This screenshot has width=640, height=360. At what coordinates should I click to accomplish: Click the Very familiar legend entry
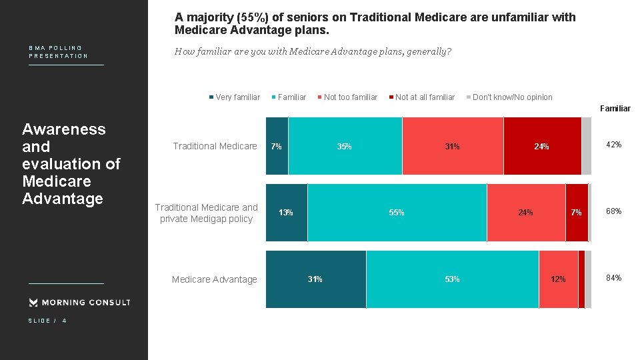tap(235, 97)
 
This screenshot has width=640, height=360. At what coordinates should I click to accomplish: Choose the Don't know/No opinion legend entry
tap(509, 97)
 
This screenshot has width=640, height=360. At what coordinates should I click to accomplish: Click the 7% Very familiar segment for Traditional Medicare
tap(277, 146)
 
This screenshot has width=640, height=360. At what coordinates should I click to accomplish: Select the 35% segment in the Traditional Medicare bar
tap(345, 146)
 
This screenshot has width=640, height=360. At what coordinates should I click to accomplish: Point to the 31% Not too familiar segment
tap(453, 146)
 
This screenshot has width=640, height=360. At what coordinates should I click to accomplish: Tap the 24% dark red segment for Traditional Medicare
tap(541, 146)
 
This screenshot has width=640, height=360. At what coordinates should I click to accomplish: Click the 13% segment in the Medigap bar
tap(286, 212)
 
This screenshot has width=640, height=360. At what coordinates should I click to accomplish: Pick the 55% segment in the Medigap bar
tap(397, 212)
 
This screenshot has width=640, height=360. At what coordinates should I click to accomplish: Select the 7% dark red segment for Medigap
tap(577, 212)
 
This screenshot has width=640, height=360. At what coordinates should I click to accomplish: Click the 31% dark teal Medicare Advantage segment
tap(315, 279)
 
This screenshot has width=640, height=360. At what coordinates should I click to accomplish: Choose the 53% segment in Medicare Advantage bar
tap(452, 279)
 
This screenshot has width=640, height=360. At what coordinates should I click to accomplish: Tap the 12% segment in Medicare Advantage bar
tap(558, 279)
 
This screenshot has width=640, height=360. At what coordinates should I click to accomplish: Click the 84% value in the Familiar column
tap(613, 278)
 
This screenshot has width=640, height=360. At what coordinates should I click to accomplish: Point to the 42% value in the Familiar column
tap(613, 145)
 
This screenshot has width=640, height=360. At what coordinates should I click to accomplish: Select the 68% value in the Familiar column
tap(613, 211)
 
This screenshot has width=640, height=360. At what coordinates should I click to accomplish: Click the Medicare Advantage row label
tap(214, 279)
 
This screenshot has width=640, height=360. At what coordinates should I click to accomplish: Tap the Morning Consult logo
tap(80, 303)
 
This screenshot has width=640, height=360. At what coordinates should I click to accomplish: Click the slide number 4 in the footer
tap(64, 321)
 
